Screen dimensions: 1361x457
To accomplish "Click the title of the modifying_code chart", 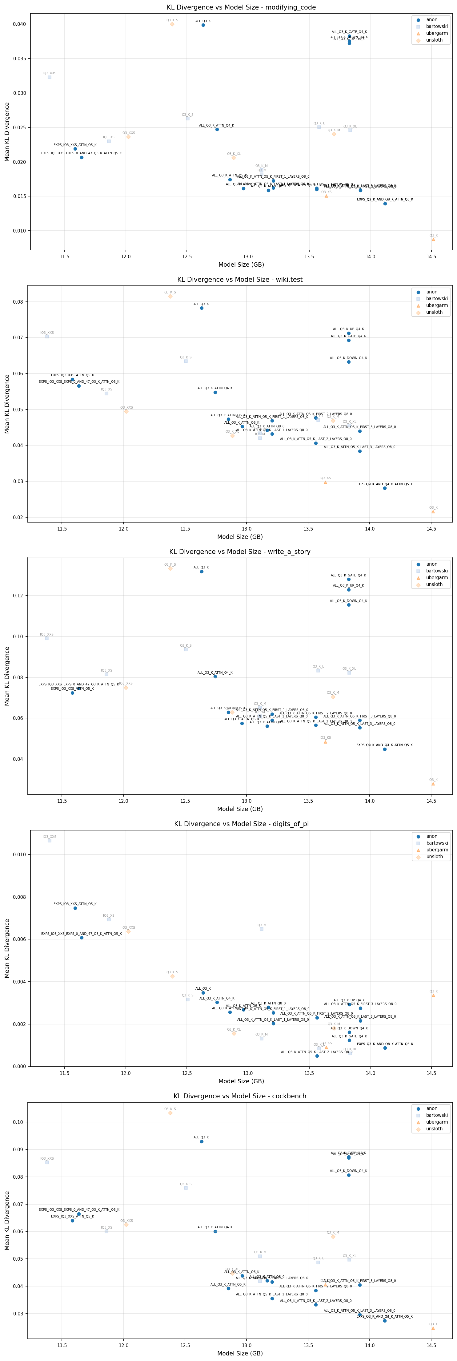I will [x=241, y=7].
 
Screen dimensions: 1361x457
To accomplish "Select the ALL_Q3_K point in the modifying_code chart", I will [x=203, y=25].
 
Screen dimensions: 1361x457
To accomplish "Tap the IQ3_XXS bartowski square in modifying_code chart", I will [x=50, y=77].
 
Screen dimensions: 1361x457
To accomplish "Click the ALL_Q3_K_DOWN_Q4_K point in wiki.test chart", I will [x=349, y=362].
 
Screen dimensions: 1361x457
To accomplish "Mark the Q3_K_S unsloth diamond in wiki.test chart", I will [x=170, y=297].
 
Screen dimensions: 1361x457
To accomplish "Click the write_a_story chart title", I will [x=240, y=551].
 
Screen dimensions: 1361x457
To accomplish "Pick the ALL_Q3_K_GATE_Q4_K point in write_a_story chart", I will [x=349, y=579].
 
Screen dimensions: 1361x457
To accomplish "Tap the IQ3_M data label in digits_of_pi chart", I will [x=262, y=925].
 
